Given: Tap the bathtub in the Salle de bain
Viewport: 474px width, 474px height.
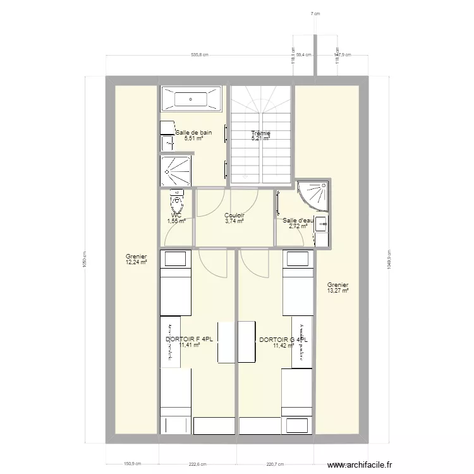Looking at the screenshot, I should point(190,99).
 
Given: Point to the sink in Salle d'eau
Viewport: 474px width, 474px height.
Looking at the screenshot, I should point(322,223).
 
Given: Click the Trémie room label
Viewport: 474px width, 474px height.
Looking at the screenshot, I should point(260,133).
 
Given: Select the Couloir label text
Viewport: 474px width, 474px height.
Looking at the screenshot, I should point(234,216).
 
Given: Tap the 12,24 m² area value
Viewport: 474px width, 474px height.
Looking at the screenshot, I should point(136,262).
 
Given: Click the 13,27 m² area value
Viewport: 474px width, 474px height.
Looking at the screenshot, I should point(337,291).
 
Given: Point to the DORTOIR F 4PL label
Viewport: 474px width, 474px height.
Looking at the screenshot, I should point(183,339).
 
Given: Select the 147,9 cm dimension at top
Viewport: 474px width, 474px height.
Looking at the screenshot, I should point(342,55).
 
